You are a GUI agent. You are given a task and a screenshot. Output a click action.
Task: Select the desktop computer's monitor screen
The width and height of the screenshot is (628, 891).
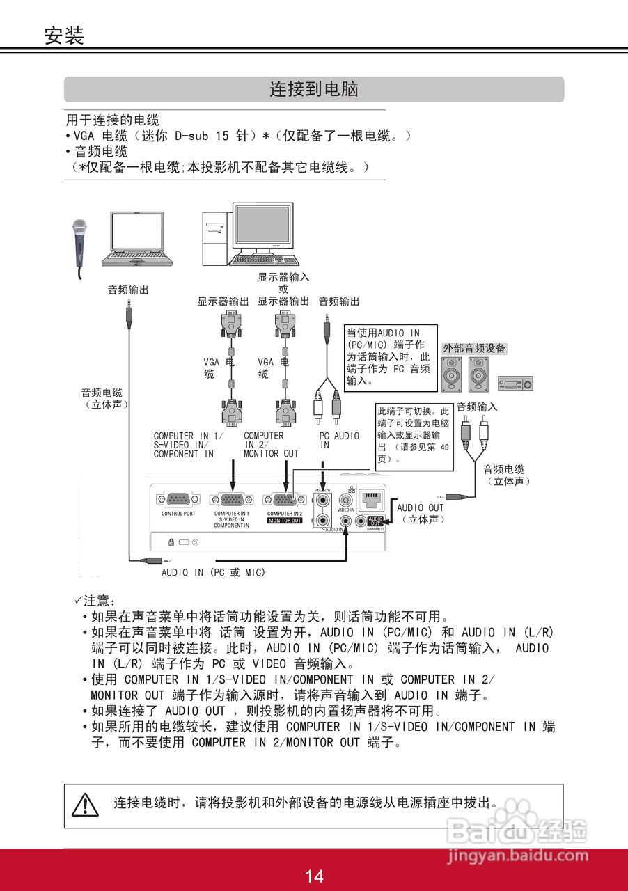pyautogui.click(x=262, y=226)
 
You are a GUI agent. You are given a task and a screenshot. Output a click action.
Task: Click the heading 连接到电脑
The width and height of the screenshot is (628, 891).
pyautogui.click(x=314, y=89)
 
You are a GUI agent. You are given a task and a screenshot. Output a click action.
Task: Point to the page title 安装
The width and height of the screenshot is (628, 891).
pyautogui.click(x=64, y=35)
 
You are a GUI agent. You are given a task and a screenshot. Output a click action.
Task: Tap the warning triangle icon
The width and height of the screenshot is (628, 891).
pyautogui.click(x=86, y=804)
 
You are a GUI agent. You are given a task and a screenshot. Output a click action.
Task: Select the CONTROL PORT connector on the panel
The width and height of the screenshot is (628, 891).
pyautogui.click(x=178, y=499)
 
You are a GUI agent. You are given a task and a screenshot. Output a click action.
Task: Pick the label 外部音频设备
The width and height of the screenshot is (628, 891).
pyautogui.click(x=474, y=348)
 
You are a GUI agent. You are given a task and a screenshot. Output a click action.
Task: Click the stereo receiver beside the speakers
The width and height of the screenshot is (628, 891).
pyautogui.click(x=515, y=382)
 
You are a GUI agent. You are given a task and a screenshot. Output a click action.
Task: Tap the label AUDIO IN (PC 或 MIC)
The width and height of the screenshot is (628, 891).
pyautogui.click(x=214, y=572)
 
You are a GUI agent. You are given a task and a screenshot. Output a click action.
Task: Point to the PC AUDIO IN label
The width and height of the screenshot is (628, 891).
pyautogui.click(x=339, y=440)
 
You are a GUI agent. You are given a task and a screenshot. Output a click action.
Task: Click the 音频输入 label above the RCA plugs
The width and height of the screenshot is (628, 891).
pyautogui.click(x=477, y=407)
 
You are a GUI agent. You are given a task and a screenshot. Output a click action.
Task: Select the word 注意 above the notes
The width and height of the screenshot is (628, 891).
pyautogui.click(x=100, y=600)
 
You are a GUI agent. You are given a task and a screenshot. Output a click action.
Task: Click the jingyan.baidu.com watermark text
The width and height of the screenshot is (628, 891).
pyautogui.click(x=519, y=856)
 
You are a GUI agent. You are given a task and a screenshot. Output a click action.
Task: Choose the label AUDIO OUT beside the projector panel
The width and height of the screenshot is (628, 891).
pyautogui.click(x=420, y=508)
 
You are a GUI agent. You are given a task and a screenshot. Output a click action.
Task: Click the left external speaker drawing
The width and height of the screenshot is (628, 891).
pyautogui.click(x=451, y=374)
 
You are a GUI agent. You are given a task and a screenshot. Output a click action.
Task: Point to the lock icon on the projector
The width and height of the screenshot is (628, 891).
pyautogui.click(x=171, y=542)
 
